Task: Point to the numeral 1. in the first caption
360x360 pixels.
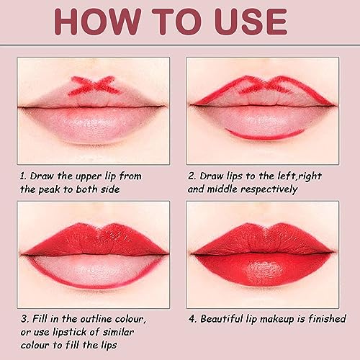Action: click(x=24, y=174)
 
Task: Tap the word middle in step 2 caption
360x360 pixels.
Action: click(x=230, y=190)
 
